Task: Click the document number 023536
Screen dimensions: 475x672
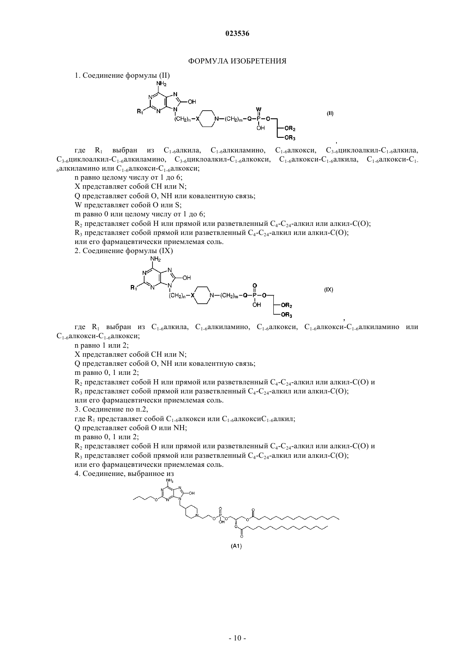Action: [x=237, y=34]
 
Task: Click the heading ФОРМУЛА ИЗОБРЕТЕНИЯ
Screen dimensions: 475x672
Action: [x=237, y=61]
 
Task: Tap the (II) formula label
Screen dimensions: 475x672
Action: [x=330, y=114]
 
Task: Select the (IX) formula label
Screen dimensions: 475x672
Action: [x=329, y=290]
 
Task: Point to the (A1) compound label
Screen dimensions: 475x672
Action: [x=236, y=546]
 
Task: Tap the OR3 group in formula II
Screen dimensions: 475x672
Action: [x=290, y=138]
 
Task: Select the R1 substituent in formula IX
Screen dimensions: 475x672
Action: [x=134, y=288]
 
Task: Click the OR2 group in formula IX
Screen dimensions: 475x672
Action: [x=287, y=306]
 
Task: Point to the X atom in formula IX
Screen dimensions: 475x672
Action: [x=193, y=295]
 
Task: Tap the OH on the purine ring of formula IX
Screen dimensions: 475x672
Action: [x=187, y=278]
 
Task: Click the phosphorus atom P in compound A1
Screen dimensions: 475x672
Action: [x=220, y=516]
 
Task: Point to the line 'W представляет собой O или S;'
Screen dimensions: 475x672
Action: [x=128, y=205]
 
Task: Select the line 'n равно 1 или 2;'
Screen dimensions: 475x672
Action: [x=101, y=346]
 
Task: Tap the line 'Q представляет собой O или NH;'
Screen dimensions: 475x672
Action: [x=131, y=428]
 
